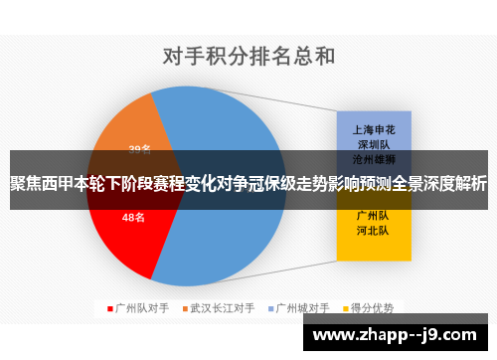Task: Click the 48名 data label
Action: pos(134,217)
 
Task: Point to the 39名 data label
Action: pos(140,149)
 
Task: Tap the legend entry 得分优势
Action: pos(373,307)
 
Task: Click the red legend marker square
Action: pos(109,307)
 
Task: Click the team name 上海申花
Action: pos(374,129)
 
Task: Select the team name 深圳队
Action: pos(374,144)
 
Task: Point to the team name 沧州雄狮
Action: pos(374,159)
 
